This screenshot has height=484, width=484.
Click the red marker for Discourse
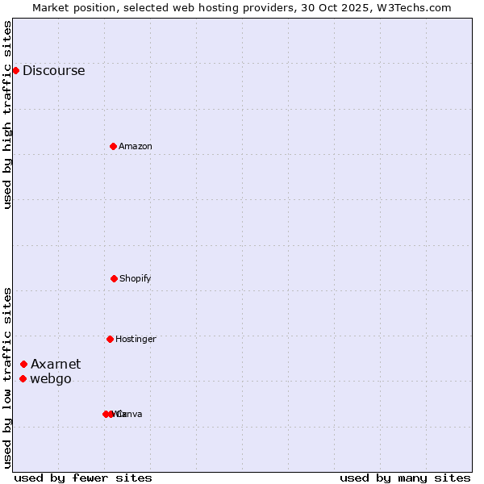click(x=15, y=70)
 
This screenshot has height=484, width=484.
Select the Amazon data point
click(x=113, y=146)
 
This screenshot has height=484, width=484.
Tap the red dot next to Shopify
click(x=114, y=278)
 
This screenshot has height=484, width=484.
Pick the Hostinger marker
click(x=110, y=339)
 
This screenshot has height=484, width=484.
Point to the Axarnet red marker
click(x=23, y=364)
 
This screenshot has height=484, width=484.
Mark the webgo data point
click(x=23, y=378)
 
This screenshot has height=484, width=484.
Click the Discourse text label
click(x=53, y=70)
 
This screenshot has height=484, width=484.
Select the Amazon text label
click(x=136, y=146)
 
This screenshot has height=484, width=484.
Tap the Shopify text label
click(x=136, y=278)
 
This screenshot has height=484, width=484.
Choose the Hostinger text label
click(x=136, y=339)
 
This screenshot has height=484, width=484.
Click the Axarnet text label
click(x=56, y=364)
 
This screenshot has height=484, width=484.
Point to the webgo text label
click(x=51, y=379)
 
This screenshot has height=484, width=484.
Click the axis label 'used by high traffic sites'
click(x=8, y=115)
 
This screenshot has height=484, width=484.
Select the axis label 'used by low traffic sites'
click(x=8, y=378)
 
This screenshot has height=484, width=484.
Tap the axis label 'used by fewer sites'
click(x=83, y=478)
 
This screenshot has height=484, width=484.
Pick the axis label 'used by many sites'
click(x=405, y=478)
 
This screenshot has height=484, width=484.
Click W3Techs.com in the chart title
click(x=413, y=7)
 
